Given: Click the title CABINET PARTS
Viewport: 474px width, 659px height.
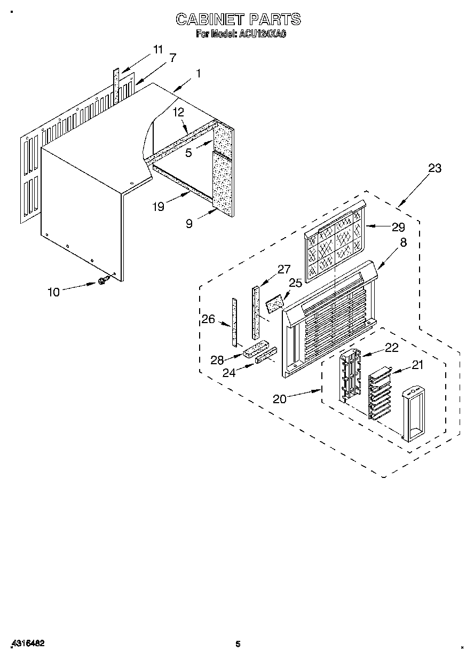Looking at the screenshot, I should point(238,20).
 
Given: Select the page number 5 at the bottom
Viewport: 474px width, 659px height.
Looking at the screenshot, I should point(238,644).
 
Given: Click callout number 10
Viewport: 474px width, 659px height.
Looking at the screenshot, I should point(54,292).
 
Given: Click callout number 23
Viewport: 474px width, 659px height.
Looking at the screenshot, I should point(435,168).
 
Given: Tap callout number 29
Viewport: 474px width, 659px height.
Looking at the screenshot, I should point(398,226).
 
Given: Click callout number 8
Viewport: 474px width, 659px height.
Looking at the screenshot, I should point(403,242).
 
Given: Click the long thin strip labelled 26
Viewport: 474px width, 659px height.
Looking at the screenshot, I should point(234,322).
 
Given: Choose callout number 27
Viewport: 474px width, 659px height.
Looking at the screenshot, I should point(283,269).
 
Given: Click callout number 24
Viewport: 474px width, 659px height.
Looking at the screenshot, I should point(229,373).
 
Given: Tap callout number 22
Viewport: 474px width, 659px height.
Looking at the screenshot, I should point(391,347).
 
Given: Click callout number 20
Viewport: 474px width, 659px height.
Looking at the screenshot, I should point(280,399).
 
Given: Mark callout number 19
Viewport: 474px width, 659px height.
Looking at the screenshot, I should point(159,207).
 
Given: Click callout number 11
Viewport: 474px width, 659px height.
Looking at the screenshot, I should point(157,49).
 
